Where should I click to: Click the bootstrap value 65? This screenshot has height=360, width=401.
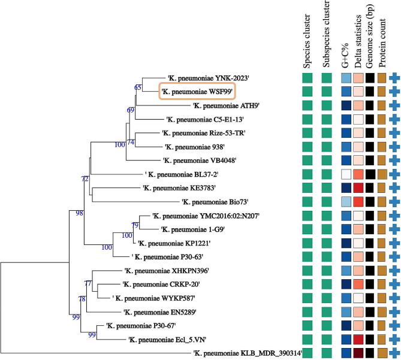(x=138, y=87)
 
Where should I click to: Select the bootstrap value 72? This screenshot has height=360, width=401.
(x=85, y=179)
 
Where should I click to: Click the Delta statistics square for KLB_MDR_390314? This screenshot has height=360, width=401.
(x=358, y=353)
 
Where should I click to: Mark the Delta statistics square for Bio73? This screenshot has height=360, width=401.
(x=358, y=202)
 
